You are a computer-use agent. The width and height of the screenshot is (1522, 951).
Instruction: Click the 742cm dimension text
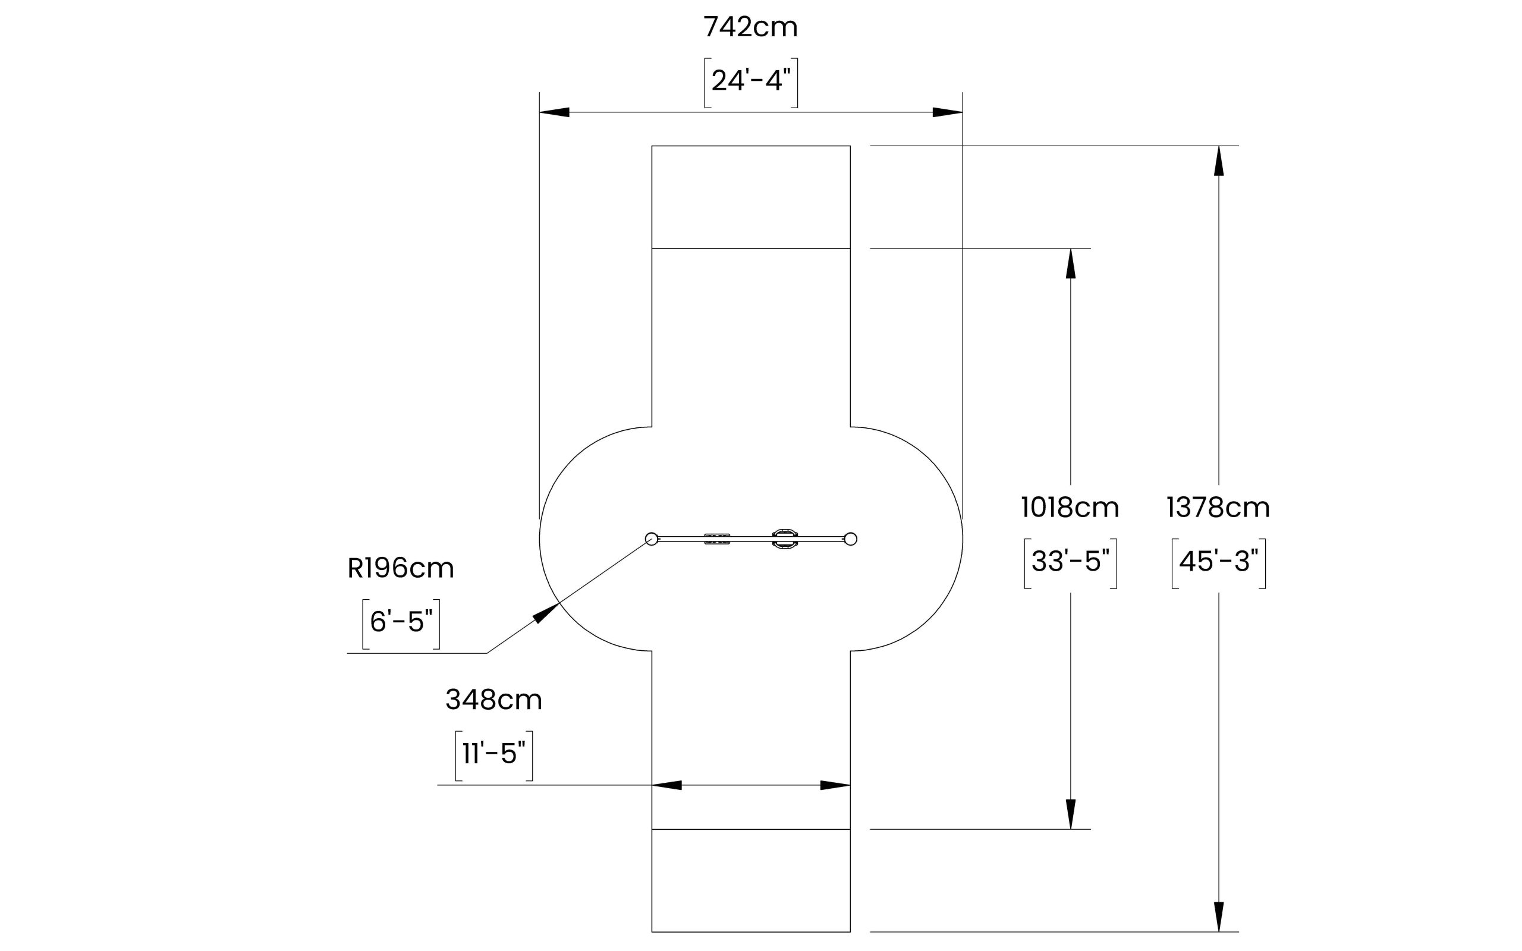[750, 28]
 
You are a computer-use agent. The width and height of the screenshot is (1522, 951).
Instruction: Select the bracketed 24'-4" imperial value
[750, 81]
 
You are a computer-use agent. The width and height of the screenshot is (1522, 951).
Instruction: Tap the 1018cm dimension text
[1070, 508]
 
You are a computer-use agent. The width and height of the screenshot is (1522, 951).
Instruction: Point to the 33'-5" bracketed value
[1070, 562]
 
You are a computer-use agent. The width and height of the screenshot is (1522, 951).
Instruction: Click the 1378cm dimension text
[1218, 508]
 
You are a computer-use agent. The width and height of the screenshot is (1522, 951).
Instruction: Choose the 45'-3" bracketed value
[1218, 562]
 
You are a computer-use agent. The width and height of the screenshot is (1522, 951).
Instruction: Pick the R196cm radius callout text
[401, 569]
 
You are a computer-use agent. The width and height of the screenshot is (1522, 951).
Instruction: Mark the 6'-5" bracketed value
[401, 623]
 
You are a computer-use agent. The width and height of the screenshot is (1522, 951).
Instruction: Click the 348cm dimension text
[493, 700]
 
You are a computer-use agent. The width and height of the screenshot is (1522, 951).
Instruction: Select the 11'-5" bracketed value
[493, 754]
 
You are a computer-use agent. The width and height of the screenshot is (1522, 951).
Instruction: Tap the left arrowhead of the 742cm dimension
[554, 112]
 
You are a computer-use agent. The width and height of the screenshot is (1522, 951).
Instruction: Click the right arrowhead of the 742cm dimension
[948, 112]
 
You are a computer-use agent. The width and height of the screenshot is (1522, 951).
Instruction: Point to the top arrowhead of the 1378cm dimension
[1219, 161]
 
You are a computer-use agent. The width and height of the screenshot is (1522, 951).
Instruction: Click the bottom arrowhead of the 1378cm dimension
[1219, 917]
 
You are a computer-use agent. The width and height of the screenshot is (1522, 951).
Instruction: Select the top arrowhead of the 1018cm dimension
[1070, 263]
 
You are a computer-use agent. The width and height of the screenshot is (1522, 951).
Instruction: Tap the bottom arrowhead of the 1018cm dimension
[1070, 814]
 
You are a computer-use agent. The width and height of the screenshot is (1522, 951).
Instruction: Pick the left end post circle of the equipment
[652, 539]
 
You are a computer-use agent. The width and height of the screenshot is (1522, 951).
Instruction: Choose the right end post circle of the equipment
[850, 539]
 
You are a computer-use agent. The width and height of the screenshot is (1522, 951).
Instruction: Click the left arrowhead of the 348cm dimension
[666, 785]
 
